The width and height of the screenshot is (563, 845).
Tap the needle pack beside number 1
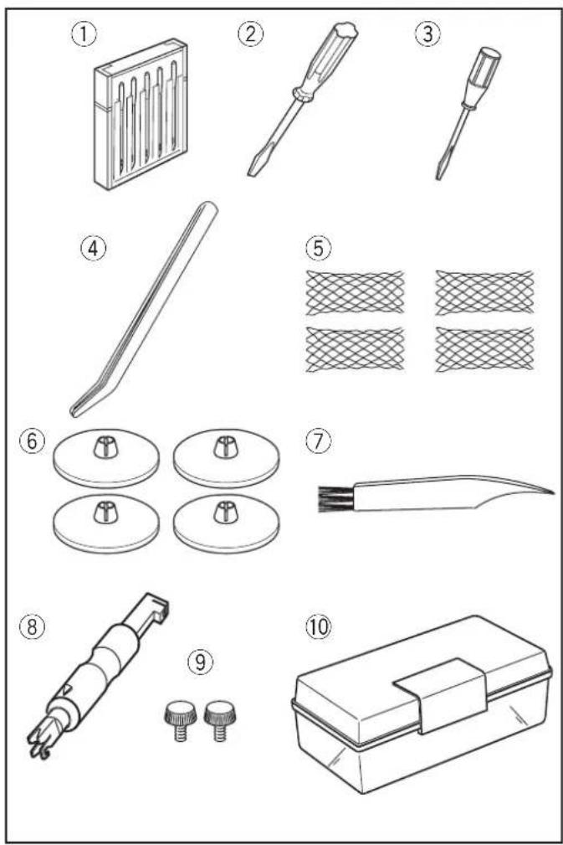pyautogui.click(x=139, y=114)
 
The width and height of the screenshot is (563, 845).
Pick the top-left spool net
pyautogui.click(x=356, y=291)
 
